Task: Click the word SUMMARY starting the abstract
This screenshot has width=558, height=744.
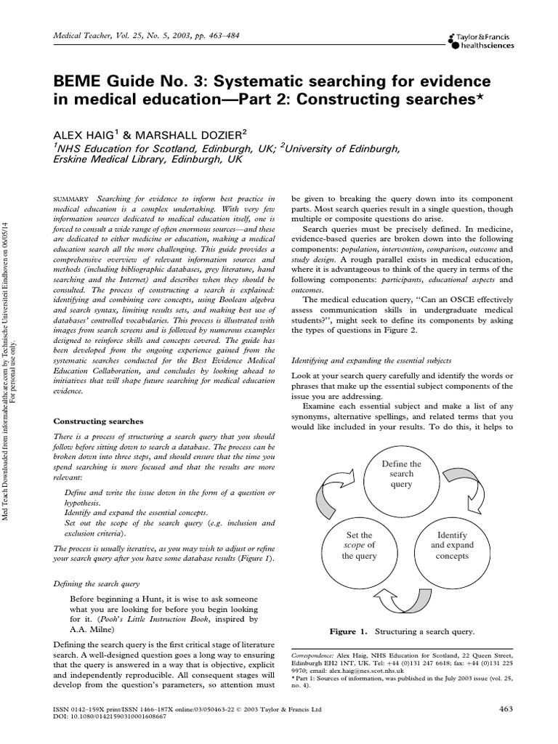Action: (72, 198)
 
